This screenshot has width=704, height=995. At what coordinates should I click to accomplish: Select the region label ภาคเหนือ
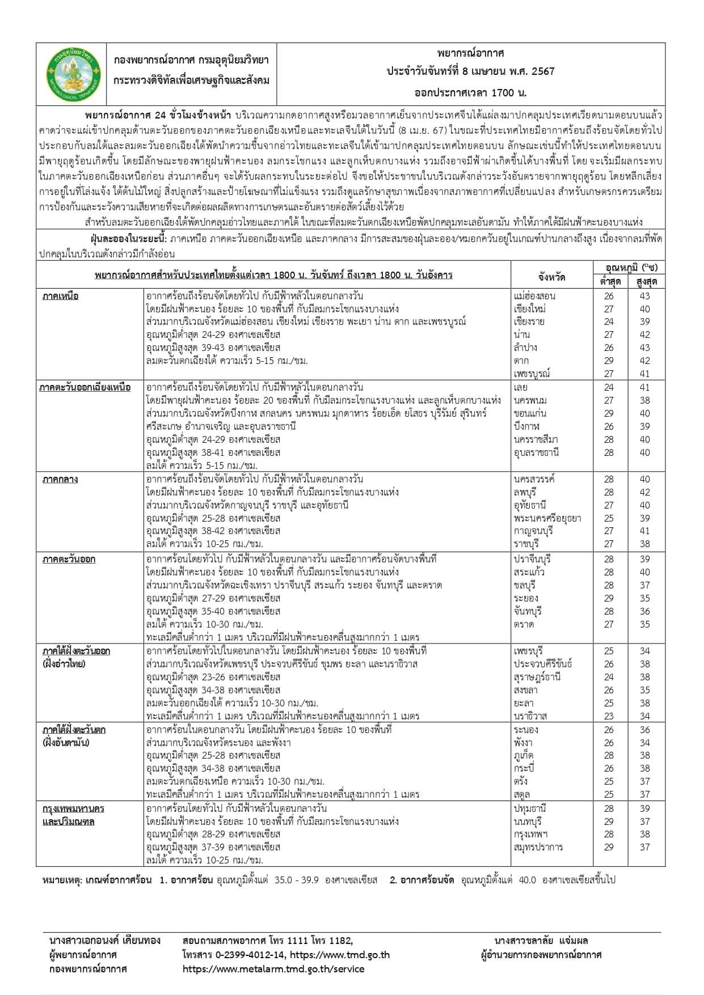[60, 296]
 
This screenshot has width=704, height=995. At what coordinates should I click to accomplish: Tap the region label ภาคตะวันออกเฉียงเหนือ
[85, 388]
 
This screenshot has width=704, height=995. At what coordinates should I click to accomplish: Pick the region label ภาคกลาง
[60, 480]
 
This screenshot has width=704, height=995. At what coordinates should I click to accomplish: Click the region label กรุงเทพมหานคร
[74, 808]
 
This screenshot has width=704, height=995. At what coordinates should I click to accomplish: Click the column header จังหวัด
[551, 277]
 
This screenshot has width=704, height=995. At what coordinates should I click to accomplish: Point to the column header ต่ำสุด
[610, 282]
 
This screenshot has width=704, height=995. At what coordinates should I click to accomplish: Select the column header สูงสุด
[646, 282]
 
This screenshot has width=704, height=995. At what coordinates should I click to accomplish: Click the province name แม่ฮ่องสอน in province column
[534, 296]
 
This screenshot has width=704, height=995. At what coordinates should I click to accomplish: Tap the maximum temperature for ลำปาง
[644, 348]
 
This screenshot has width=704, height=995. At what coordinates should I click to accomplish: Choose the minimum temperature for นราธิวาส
[609, 716]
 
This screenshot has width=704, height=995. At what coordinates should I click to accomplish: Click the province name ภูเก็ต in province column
[524, 756]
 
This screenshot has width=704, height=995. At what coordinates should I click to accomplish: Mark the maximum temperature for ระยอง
[644, 598]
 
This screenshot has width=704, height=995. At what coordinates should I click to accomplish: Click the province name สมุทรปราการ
[538, 848]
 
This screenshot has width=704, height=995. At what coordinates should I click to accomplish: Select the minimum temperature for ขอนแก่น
[609, 414]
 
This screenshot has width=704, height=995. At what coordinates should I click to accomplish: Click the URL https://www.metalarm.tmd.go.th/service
[273, 969]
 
